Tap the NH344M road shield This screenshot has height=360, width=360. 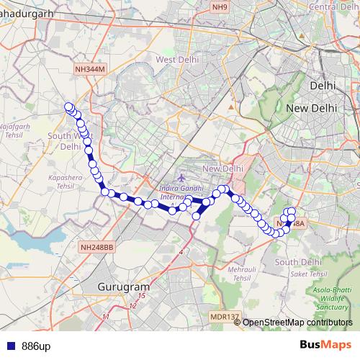[90, 68]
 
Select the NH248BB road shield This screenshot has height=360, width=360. [97, 247]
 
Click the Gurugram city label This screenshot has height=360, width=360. [122, 286]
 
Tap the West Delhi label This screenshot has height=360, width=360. [176, 60]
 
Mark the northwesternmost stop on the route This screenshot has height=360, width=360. [69, 107]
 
